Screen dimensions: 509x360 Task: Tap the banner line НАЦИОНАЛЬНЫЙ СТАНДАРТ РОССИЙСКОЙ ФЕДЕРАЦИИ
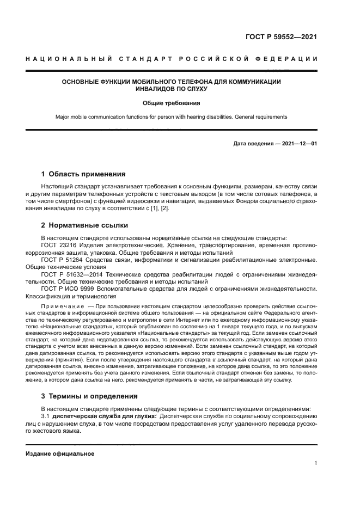[171, 59]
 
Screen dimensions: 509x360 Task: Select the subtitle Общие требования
[172, 102]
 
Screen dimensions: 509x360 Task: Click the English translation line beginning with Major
[172, 117]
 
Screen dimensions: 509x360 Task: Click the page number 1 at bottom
[315, 463]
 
